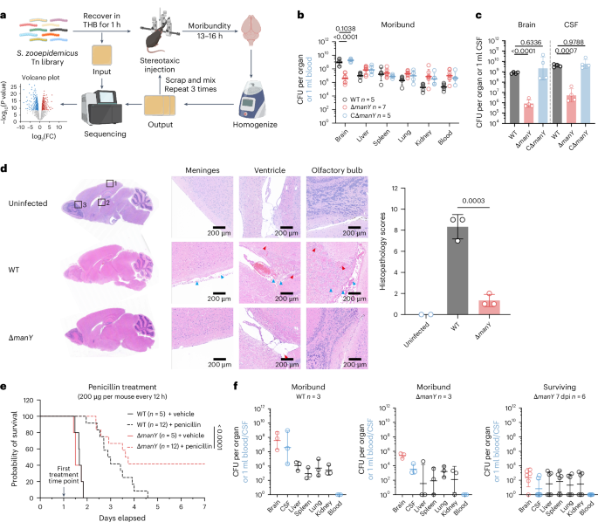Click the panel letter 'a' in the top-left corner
[x=5, y=6]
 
